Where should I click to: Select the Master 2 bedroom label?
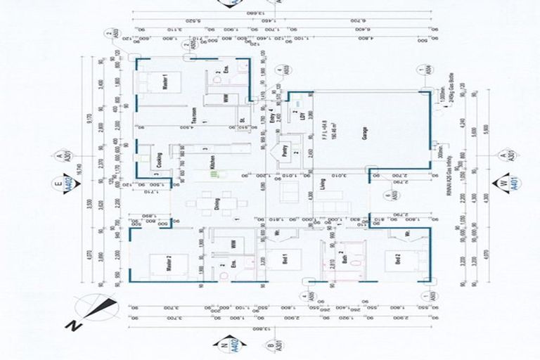coord(167,264)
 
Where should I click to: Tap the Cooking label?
coord(160,159)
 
